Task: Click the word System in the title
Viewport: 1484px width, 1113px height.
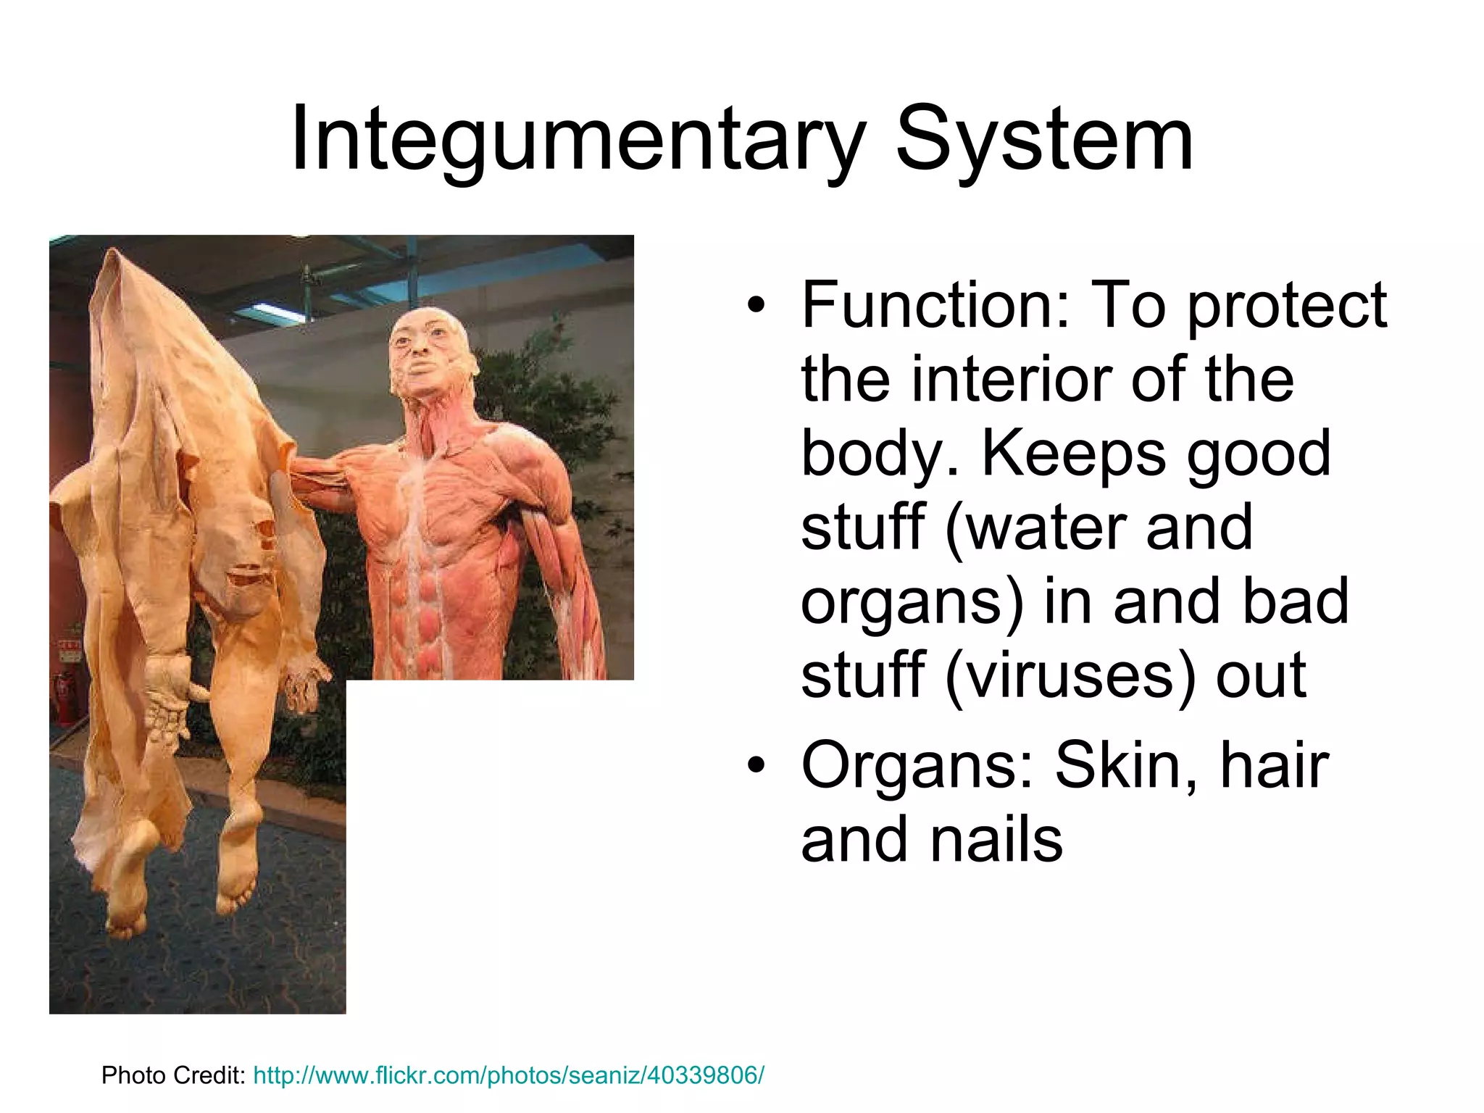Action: pos(1044,139)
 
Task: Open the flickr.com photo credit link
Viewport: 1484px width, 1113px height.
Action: pos(508,1075)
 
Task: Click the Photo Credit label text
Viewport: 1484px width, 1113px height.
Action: pos(174,1075)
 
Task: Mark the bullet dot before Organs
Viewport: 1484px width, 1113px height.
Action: pos(756,767)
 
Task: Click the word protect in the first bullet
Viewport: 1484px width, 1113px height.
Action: pos(1287,306)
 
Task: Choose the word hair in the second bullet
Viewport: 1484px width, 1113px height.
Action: pos(1275,765)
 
